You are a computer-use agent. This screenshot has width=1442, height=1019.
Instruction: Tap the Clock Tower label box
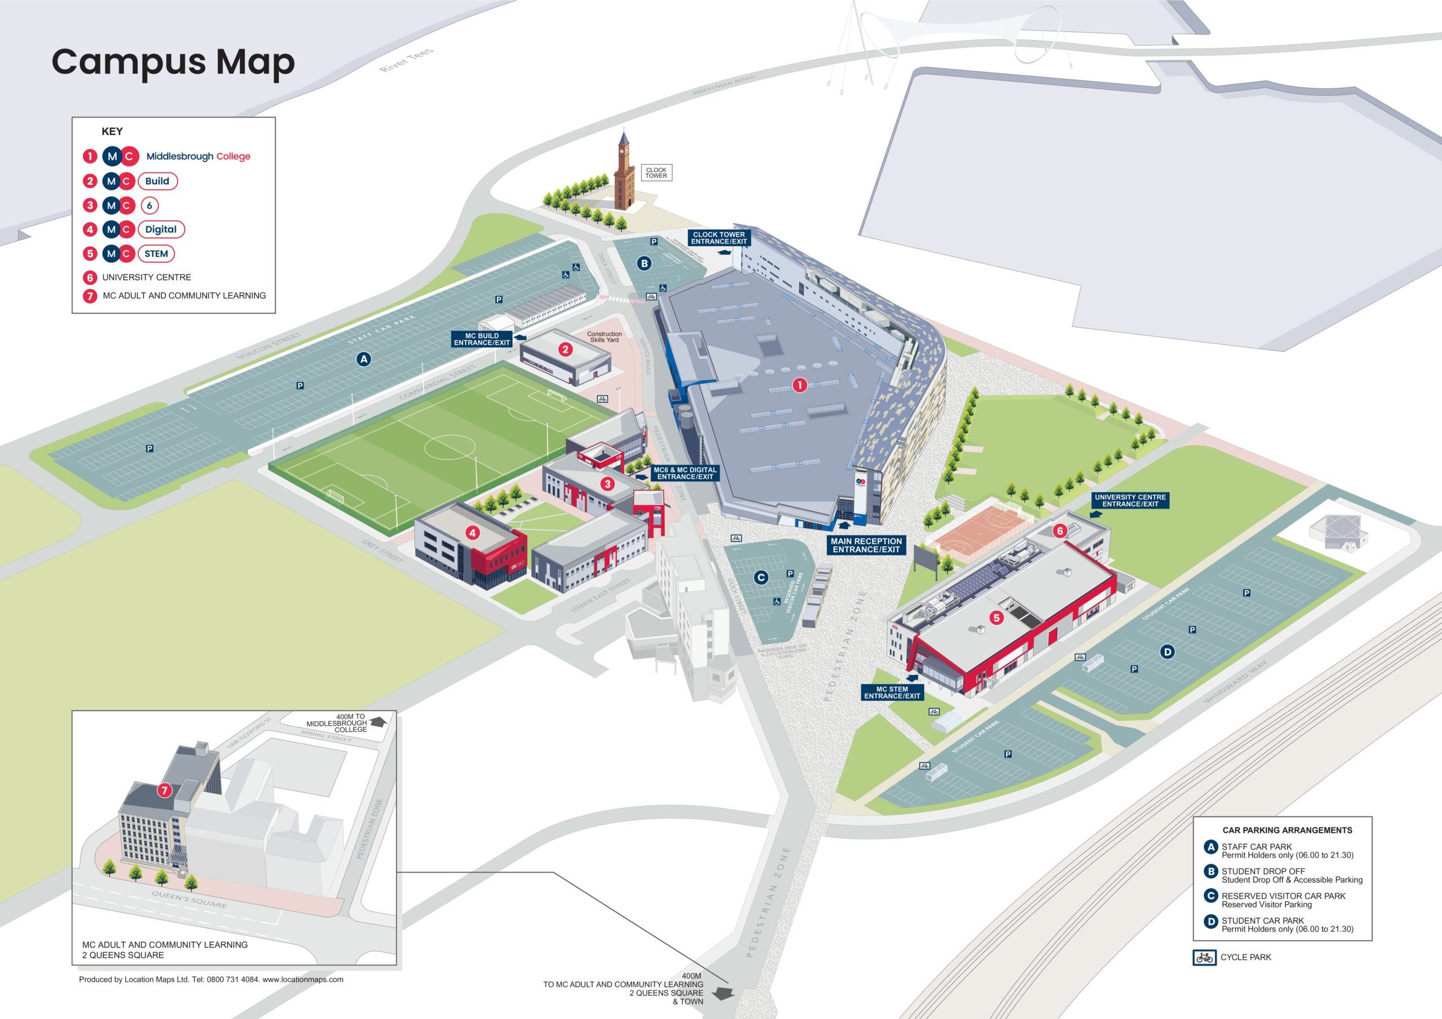(656, 173)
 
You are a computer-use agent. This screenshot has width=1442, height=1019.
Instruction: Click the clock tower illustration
(624, 173)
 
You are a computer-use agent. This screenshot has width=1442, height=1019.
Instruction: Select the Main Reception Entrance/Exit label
(866, 545)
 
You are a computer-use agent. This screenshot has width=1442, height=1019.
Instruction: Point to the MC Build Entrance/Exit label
(482, 339)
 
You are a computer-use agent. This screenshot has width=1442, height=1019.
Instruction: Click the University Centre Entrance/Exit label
(1130, 500)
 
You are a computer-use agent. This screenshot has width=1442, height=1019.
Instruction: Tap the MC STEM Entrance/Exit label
(892, 692)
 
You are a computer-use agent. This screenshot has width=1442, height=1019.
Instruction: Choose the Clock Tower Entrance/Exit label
(719, 238)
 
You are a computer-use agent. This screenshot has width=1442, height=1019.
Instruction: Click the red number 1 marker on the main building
(799, 385)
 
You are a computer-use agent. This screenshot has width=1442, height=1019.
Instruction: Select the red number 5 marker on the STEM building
(996, 618)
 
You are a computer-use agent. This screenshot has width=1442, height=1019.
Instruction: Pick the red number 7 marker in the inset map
(164, 790)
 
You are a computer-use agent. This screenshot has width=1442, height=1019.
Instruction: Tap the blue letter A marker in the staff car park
(364, 359)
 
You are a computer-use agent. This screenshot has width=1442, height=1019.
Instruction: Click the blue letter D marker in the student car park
(1168, 652)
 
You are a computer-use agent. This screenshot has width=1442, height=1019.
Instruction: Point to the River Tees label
(406, 60)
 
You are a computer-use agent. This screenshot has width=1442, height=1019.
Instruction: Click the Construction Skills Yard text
(604, 337)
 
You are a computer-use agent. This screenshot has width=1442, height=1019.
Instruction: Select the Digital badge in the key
(161, 229)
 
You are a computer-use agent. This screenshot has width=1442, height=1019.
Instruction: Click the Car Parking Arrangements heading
(1287, 830)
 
